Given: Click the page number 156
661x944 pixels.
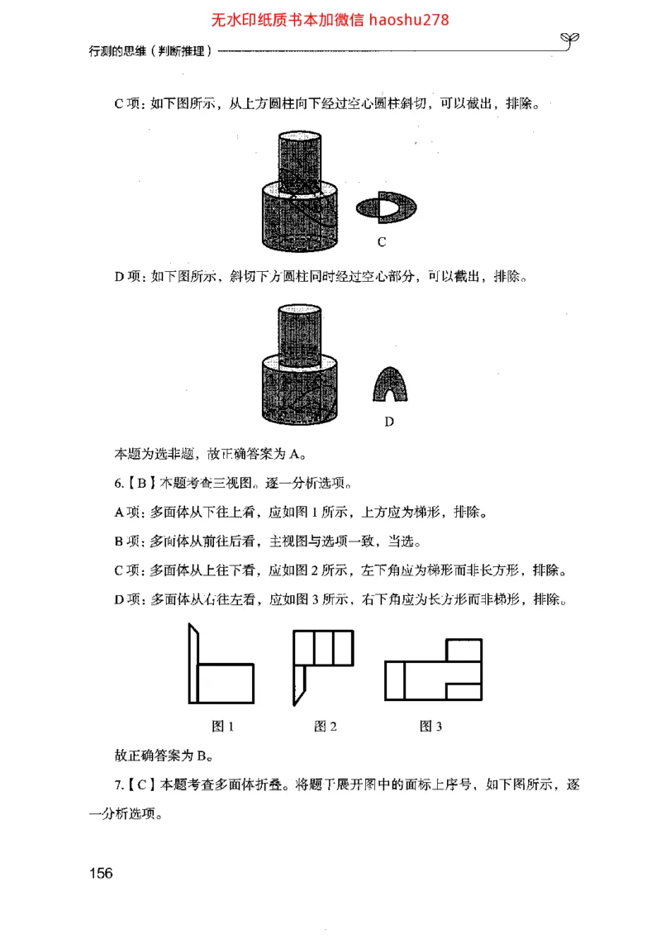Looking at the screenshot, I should (x=101, y=873).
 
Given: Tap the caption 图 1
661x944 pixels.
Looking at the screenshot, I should (x=223, y=727).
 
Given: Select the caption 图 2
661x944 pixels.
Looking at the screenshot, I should (x=326, y=727).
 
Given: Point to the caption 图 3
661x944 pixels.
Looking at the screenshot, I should (x=431, y=727).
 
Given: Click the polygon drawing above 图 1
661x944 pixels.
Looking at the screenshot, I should (x=221, y=665).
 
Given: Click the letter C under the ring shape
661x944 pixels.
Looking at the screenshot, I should (x=382, y=242).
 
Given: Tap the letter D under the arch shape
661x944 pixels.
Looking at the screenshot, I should (x=389, y=422).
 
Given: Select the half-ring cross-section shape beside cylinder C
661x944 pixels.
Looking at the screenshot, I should (x=387, y=207).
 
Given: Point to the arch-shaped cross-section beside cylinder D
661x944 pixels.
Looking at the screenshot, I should (x=390, y=384).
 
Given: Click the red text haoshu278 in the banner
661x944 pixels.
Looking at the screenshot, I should (x=409, y=20).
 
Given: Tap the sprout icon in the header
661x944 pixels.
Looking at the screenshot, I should (x=570, y=38).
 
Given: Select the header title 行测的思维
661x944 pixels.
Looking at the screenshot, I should (x=120, y=50).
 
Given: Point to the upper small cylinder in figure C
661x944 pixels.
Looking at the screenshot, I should (x=299, y=159).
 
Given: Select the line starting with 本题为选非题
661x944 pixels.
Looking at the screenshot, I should (x=211, y=453).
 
